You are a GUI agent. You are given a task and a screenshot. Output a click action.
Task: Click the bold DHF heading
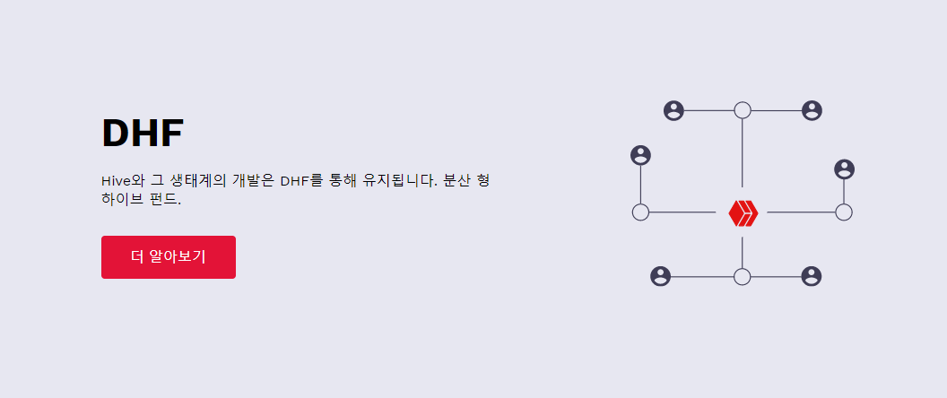pos(143,134)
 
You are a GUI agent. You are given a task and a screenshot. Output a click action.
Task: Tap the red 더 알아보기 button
pos(169,257)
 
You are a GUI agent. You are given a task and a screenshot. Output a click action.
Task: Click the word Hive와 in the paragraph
pos(117,180)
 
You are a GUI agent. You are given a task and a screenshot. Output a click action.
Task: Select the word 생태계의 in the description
pos(195,180)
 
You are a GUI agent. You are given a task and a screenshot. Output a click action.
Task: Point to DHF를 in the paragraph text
pos(300,180)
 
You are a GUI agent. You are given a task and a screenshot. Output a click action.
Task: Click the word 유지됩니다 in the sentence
pos(383,180)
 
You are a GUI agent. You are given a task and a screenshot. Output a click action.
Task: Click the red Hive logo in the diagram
pos(743,212)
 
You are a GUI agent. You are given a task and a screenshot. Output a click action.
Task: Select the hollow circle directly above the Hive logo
pos(743,110)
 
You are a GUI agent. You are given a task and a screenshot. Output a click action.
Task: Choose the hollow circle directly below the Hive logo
pos(742,276)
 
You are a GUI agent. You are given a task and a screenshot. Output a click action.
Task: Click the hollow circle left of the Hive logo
pos(640,212)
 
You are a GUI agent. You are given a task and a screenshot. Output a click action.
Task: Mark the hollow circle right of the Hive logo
pos(843,212)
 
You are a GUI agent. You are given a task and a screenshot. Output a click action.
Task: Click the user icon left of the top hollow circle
pos(673,110)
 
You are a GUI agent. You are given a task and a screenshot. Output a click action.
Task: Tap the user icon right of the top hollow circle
pos(812,110)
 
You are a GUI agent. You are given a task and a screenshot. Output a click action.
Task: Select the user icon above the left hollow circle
pos(640,155)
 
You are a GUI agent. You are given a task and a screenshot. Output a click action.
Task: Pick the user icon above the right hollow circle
pos(844,169)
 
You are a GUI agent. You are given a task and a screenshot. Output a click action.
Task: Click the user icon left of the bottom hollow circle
pos(660,276)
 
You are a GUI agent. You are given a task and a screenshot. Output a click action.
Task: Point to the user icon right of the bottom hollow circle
pos(812,276)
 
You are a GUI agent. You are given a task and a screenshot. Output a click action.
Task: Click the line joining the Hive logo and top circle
pos(743,152)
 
